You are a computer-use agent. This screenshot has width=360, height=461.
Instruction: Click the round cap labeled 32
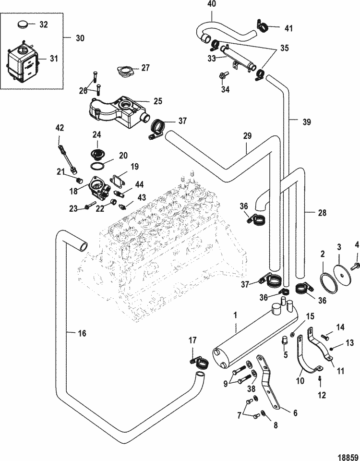point(23,24)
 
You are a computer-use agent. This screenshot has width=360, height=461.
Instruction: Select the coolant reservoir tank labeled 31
point(23,62)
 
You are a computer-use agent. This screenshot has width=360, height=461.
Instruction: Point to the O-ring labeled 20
point(97,166)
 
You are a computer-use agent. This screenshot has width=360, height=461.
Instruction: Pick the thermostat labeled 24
point(96,154)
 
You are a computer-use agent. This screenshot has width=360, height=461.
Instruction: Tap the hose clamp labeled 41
point(263,26)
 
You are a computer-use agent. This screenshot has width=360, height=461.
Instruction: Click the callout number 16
point(82,333)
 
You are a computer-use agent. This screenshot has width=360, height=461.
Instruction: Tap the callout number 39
point(307,121)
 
